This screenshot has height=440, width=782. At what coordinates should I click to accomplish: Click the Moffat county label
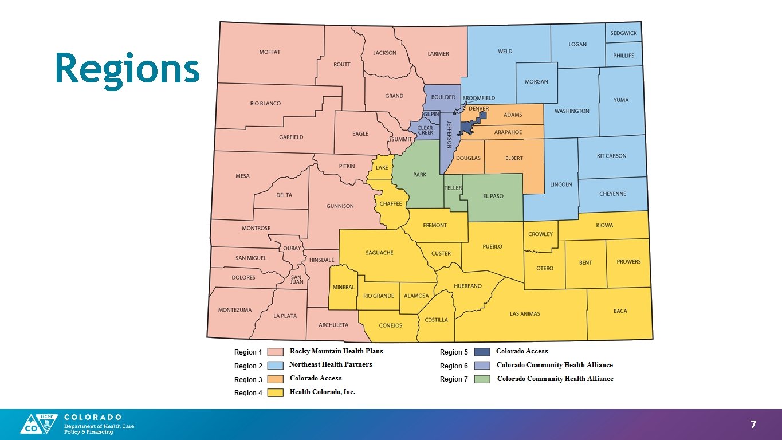click(x=270, y=52)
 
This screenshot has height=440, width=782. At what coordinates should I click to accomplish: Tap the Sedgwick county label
click(x=623, y=33)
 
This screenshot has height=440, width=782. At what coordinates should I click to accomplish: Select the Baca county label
click(x=620, y=311)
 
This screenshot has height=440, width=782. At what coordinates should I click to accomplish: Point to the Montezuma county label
click(x=234, y=310)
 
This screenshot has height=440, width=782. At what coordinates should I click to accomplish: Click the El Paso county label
click(x=493, y=196)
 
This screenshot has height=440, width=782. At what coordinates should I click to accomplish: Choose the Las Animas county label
click(x=525, y=313)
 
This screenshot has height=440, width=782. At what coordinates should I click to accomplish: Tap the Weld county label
click(x=505, y=52)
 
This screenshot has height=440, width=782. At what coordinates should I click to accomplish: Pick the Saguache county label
click(x=379, y=253)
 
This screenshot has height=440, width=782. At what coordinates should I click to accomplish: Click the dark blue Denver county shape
click(x=471, y=125)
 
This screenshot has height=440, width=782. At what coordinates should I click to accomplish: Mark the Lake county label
click(x=382, y=168)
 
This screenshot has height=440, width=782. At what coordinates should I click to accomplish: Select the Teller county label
click(x=453, y=188)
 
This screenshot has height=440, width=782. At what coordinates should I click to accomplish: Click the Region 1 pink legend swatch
click(x=276, y=352)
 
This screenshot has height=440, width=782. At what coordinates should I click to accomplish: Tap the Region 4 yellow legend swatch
click(x=276, y=393)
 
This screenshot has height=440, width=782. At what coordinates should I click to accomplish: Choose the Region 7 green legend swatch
click(x=482, y=379)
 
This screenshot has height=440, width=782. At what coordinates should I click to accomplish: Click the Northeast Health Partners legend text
click(x=331, y=364)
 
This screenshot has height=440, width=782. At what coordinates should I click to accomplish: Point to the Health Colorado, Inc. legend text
click(x=322, y=392)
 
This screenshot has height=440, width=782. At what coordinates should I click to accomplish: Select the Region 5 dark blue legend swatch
click(x=482, y=352)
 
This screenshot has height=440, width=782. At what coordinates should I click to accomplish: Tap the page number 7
click(x=753, y=425)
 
